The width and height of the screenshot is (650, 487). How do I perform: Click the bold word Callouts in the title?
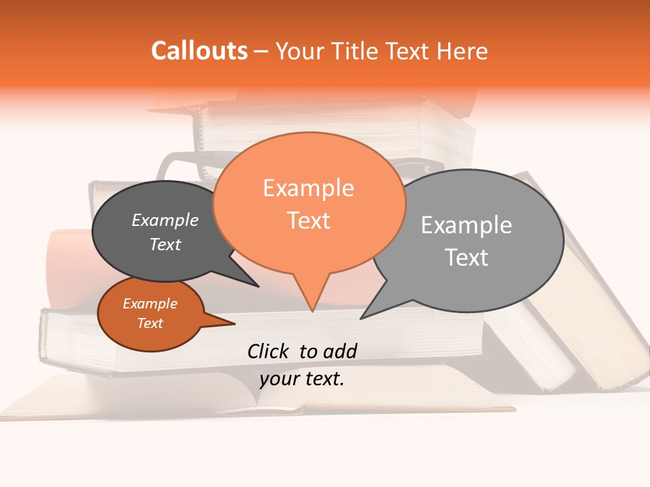pyautogui.click(x=199, y=51)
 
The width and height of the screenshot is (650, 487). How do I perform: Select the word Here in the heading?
pyautogui.click(x=463, y=51)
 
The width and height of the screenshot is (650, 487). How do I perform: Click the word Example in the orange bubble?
pyautogui.click(x=308, y=188)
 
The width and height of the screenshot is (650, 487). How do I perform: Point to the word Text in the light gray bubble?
pyautogui.click(x=467, y=258)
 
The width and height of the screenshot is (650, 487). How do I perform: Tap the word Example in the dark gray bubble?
pyautogui.click(x=165, y=220)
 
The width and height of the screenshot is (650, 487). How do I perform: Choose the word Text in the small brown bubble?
pyautogui.click(x=150, y=323)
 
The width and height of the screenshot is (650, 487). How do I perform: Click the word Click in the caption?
pyautogui.click(x=268, y=351)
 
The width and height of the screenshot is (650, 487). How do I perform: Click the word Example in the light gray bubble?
pyautogui.click(x=467, y=225)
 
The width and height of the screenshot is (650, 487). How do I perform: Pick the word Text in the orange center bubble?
pyautogui.click(x=308, y=221)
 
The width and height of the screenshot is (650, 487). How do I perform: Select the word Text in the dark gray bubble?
pyautogui.click(x=165, y=245)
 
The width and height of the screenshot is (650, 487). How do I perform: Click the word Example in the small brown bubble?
pyautogui.click(x=150, y=304)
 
